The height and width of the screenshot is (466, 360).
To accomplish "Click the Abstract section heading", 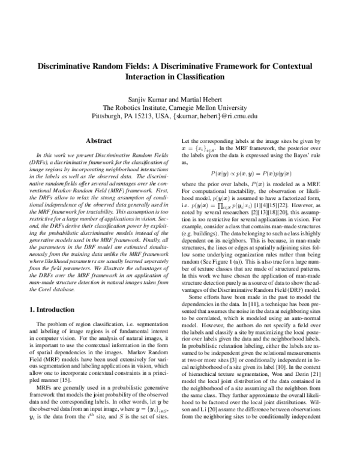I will point(98,141).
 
